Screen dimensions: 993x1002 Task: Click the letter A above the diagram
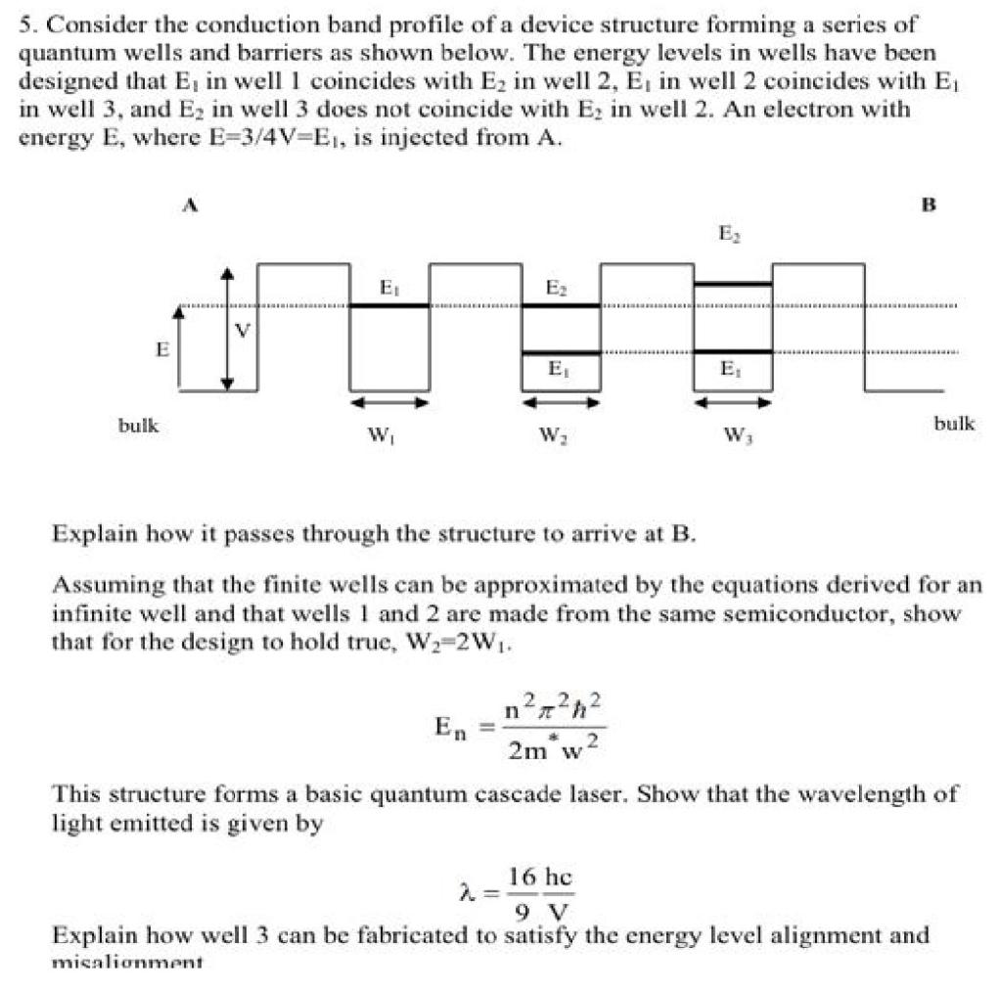[x=193, y=204]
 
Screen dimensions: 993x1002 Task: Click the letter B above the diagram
[x=929, y=204]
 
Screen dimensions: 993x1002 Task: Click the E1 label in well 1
[x=388, y=289]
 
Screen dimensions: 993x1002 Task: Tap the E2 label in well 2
[x=556, y=289]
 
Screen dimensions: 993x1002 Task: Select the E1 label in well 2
[x=556, y=369]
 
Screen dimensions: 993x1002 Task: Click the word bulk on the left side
[x=139, y=425]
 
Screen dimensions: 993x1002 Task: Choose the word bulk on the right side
[x=954, y=423]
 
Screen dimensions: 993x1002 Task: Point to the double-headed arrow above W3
[x=733, y=402]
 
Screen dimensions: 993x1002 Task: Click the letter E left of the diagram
[x=161, y=349]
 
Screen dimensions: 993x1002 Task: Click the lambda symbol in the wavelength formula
[x=467, y=892]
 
